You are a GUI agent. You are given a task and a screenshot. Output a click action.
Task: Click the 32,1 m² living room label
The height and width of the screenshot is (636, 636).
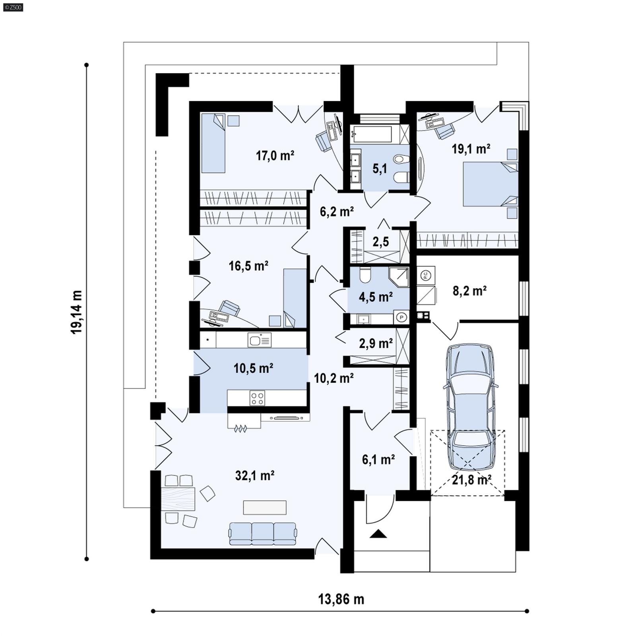254,475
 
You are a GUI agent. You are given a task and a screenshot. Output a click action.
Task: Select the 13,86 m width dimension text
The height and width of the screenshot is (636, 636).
341,599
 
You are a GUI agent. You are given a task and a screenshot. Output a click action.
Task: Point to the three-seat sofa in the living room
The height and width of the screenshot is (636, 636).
262,533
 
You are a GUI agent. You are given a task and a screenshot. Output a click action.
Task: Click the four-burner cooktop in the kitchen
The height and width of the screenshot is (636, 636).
257,398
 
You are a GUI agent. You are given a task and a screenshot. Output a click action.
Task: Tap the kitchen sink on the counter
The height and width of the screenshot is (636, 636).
259,340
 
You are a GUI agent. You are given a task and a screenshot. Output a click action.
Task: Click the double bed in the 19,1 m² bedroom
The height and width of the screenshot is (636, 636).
491,184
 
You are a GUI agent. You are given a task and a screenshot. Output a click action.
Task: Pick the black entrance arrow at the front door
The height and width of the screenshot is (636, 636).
378,534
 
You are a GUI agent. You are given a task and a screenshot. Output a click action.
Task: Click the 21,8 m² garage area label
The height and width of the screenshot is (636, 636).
471,480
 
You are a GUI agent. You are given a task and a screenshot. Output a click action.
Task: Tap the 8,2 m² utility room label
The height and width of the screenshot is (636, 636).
469,291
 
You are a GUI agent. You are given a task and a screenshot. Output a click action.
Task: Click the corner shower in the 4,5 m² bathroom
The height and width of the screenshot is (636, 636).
399,277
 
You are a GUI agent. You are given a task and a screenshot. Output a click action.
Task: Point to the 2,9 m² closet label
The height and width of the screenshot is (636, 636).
376,343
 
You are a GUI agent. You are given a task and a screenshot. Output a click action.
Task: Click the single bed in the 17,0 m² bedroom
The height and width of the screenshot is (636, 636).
213,143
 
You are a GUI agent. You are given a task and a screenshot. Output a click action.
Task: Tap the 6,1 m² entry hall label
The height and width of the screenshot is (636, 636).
378,460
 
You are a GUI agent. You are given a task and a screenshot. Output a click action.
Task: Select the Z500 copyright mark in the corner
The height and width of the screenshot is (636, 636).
13,7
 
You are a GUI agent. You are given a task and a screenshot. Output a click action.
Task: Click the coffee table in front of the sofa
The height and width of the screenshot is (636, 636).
265,507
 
